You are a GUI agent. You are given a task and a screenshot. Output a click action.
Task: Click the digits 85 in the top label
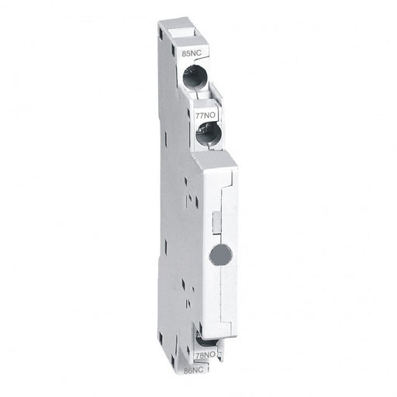tap(184, 55)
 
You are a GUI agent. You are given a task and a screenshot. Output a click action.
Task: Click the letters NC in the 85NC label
tap(193, 55)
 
